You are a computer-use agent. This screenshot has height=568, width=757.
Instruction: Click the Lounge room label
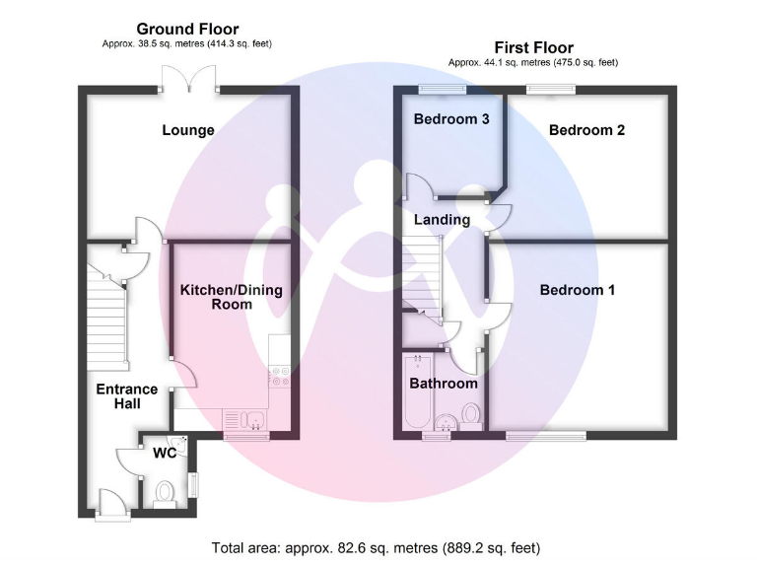[x=187, y=130]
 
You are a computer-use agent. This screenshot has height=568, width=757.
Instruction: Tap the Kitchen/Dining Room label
[x=231, y=297]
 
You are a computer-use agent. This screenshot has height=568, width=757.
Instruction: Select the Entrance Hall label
[x=126, y=396]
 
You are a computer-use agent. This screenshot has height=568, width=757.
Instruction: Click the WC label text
[x=164, y=455]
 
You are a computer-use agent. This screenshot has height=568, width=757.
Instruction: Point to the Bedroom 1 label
[x=578, y=290]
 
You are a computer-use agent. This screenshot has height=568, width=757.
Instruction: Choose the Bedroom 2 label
[x=586, y=130]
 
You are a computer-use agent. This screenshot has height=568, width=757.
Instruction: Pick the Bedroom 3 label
[x=451, y=119]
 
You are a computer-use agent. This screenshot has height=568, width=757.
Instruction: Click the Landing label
[x=442, y=220]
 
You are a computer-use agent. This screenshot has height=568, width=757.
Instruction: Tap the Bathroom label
[x=444, y=384]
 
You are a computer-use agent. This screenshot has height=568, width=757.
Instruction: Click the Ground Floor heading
[x=187, y=30]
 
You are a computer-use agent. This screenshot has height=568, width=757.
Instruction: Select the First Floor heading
[x=533, y=47]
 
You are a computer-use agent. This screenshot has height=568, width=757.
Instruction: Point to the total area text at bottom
[x=377, y=547]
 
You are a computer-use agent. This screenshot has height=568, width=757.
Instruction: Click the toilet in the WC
[x=164, y=490]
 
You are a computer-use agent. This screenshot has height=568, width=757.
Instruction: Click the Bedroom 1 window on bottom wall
[x=547, y=435]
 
